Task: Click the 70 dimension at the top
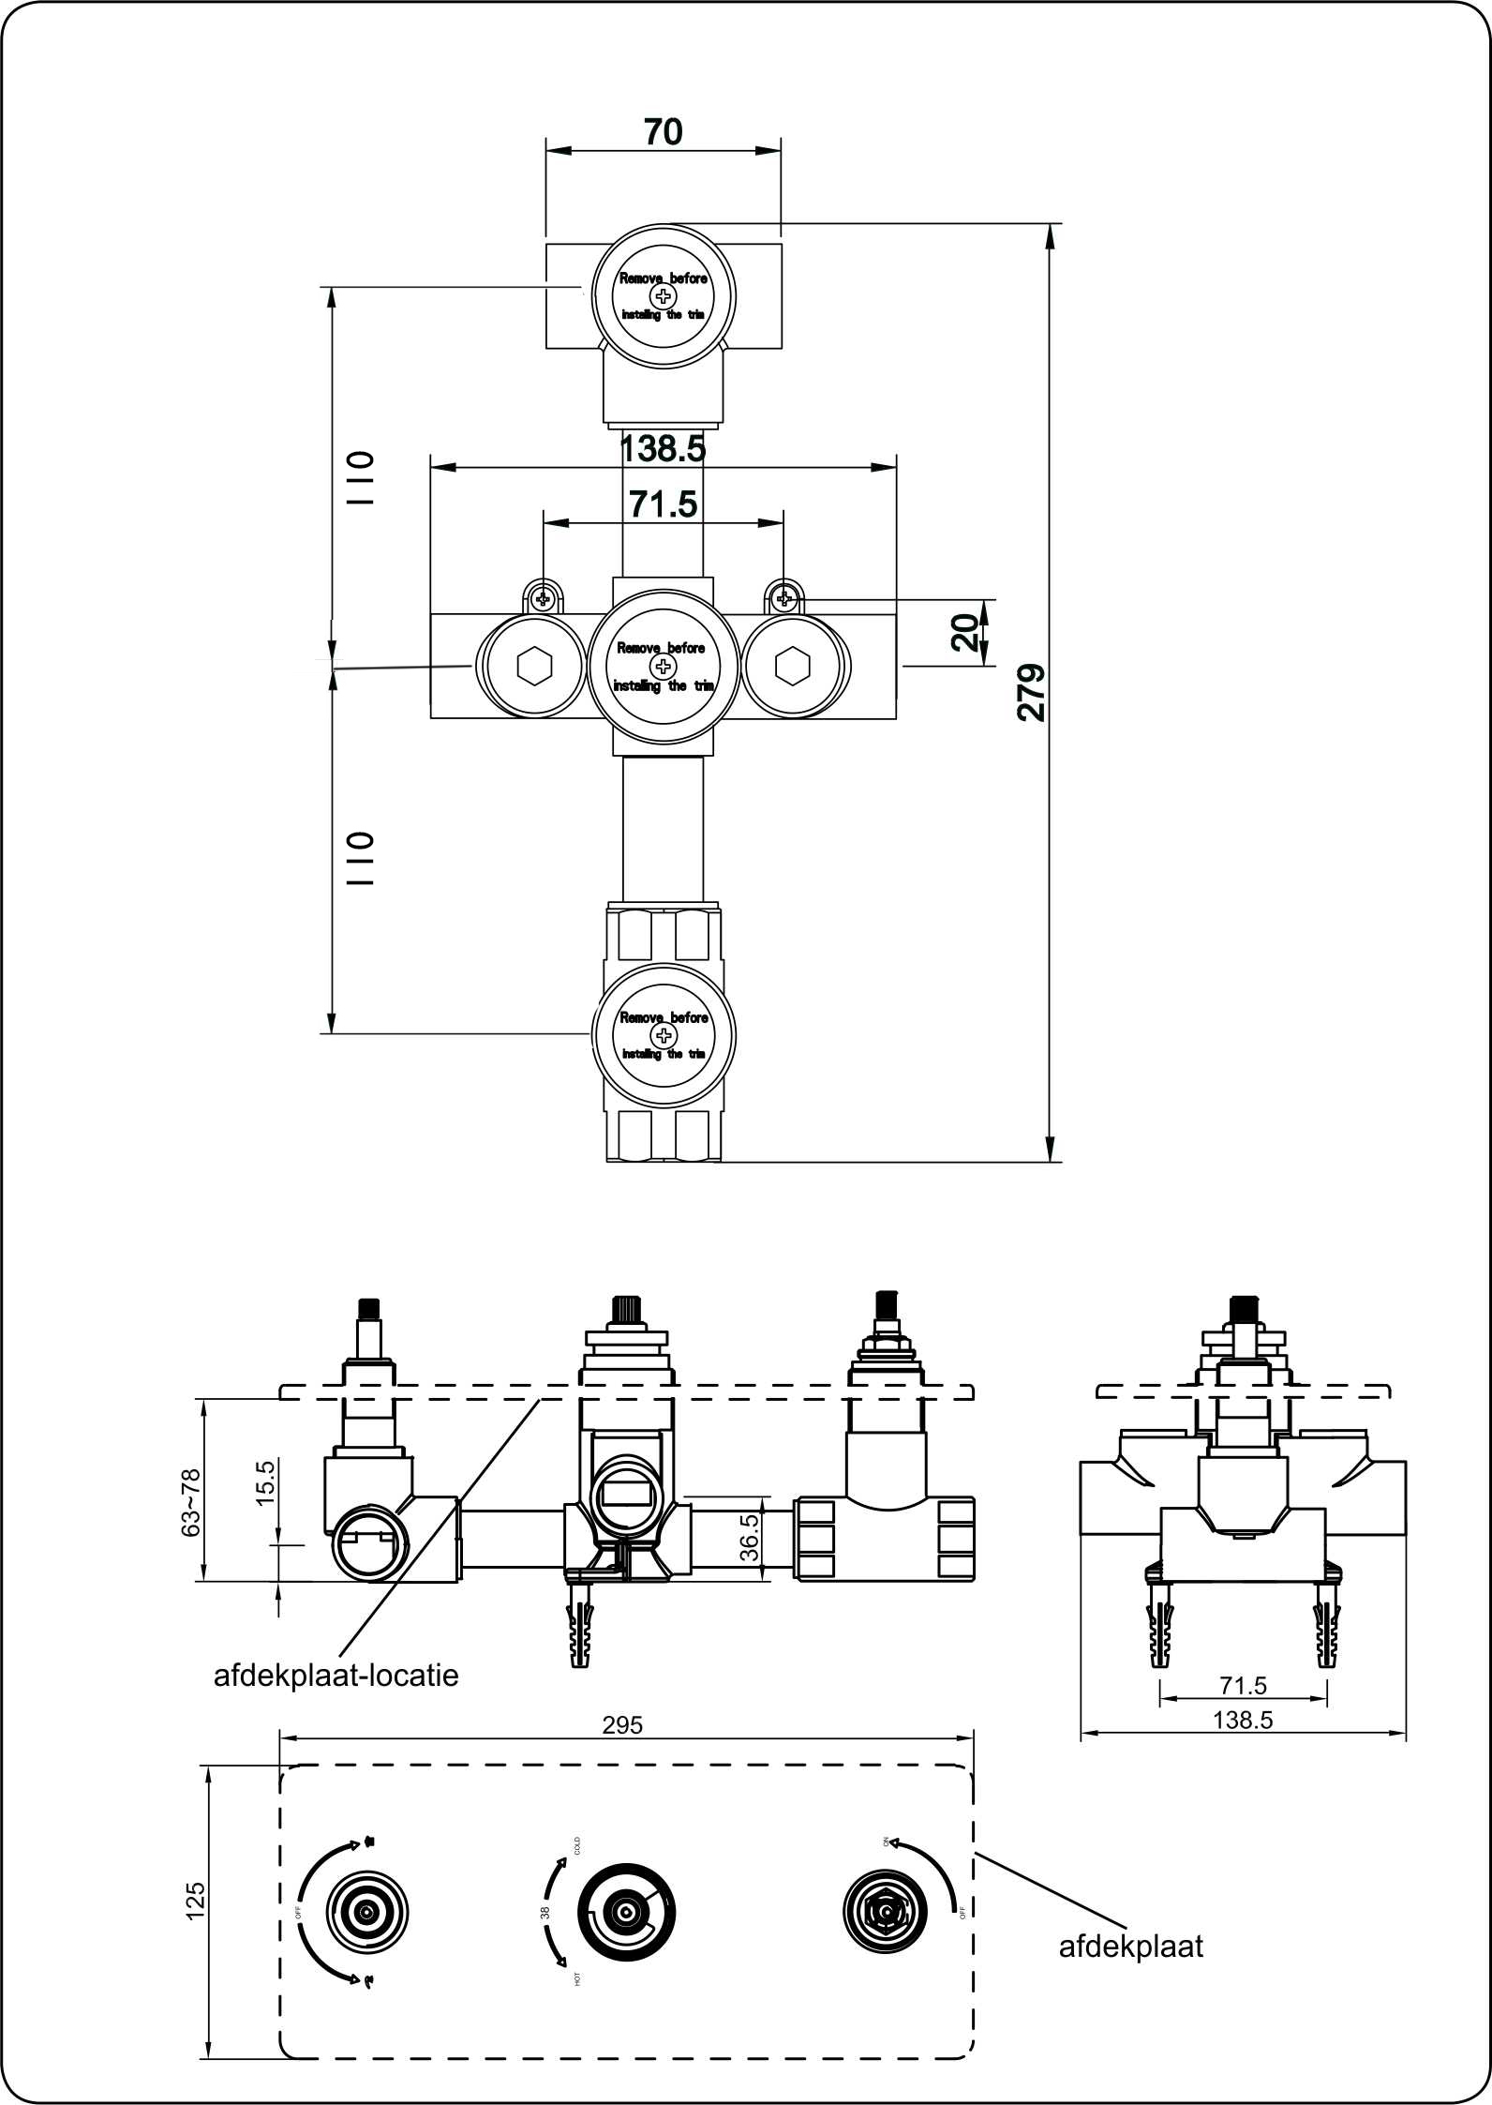(x=663, y=132)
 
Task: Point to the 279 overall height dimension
(x=1032, y=692)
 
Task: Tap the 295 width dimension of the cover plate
(x=622, y=1724)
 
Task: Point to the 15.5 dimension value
(x=265, y=1482)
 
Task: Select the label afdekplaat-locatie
(x=336, y=1676)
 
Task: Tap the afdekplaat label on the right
(x=1130, y=1947)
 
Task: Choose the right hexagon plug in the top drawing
(x=792, y=666)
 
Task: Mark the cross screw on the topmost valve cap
(x=664, y=297)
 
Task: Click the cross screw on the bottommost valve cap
(x=664, y=1035)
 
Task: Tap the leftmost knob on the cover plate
(x=366, y=1909)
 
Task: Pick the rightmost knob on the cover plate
(x=885, y=1909)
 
